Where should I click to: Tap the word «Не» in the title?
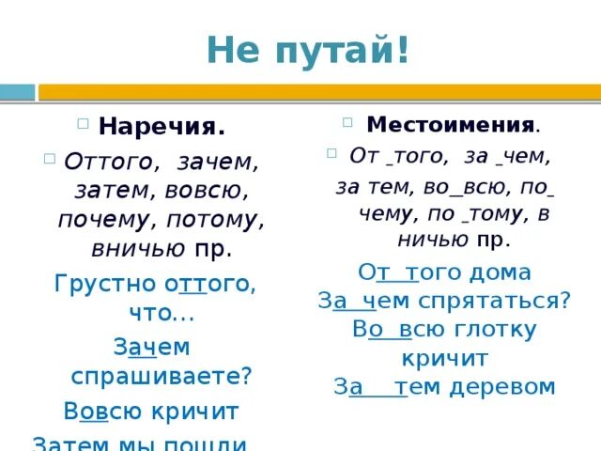click(x=232, y=49)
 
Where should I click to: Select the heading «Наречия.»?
click(x=162, y=127)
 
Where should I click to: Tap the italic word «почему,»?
click(x=102, y=220)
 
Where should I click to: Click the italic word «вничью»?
click(x=138, y=249)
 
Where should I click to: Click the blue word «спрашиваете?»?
click(x=162, y=376)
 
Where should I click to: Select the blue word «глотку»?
click(x=493, y=330)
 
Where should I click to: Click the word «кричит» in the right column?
click(x=444, y=358)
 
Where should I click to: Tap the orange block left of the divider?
click(x=17, y=92)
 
